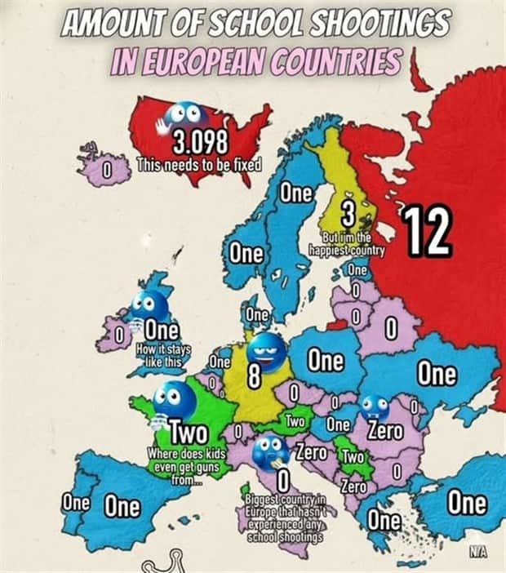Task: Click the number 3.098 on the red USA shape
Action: tap(200, 141)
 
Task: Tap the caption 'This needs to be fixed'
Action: tap(198, 163)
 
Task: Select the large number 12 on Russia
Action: tap(426, 231)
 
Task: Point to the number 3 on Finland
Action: tap(348, 215)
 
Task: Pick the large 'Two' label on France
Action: tap(189, 430)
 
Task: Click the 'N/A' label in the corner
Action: tap(477, 553)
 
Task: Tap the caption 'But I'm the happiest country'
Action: tap(348, 244)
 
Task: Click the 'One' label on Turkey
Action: tap(467, 502)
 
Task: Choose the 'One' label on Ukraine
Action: tap(437, 374)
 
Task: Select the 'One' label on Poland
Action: tap(326, 361)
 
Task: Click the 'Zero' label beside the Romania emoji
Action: tap(384, 429)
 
